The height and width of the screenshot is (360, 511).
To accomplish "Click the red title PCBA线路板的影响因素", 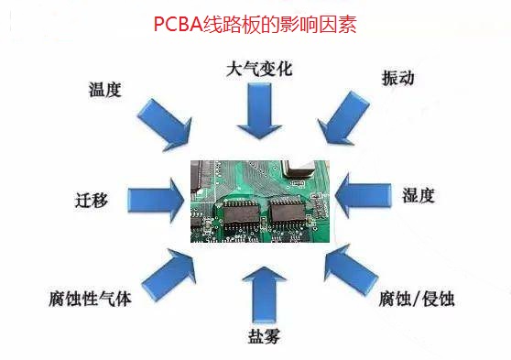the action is coord(255,24).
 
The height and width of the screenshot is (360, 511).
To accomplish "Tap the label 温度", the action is coord(105,90).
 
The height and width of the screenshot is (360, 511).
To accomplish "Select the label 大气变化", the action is coord(259,69).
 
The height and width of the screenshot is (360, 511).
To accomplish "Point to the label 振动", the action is coord(398,78).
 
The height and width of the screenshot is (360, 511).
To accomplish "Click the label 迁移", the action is coord(92,200).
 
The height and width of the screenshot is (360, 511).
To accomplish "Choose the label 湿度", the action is coord(419,195).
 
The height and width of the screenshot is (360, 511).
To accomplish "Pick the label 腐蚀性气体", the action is coord(90,299).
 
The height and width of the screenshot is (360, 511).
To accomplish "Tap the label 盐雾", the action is coord(264,336).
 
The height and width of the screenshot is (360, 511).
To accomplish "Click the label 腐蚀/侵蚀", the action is coord(417,299).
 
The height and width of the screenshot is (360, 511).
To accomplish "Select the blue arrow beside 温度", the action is coord(165,125).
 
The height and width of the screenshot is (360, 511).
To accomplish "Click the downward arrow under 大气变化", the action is coord(259,111).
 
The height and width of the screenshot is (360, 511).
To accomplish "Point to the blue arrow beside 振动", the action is coord(343,118).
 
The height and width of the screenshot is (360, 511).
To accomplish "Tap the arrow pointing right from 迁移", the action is coord(157,200).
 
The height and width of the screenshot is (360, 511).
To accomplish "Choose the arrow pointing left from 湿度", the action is coord(363,195).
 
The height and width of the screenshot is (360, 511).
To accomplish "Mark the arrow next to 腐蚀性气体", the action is coord(169,274).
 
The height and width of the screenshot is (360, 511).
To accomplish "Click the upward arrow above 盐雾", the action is coord(264,295).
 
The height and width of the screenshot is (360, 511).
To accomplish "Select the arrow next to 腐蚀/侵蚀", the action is coord(352,270).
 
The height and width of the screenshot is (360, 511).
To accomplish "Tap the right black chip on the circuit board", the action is coord(288,213).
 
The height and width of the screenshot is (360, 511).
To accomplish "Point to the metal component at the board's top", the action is coord(299,169).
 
